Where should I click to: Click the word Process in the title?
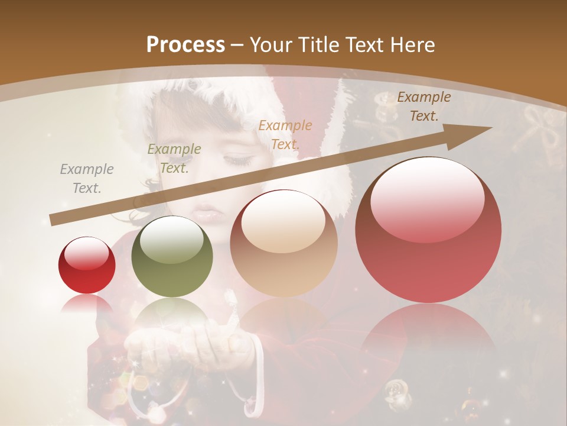[x=185, y=45]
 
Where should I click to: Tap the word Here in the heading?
[x=410, y=45]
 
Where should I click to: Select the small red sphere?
[x=87, y=265]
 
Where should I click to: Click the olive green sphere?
[x=172, y=256]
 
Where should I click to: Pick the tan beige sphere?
[x=283, y=243]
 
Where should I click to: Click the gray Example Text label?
[x=87, y=179]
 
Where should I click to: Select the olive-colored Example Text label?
[x=174, y=158]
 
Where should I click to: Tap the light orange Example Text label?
[x=285, y=134]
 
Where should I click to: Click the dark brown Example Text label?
[x=423, y=106]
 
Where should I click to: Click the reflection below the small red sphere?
[x=87, y=305]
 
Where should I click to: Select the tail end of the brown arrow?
[x=53, y=220]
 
